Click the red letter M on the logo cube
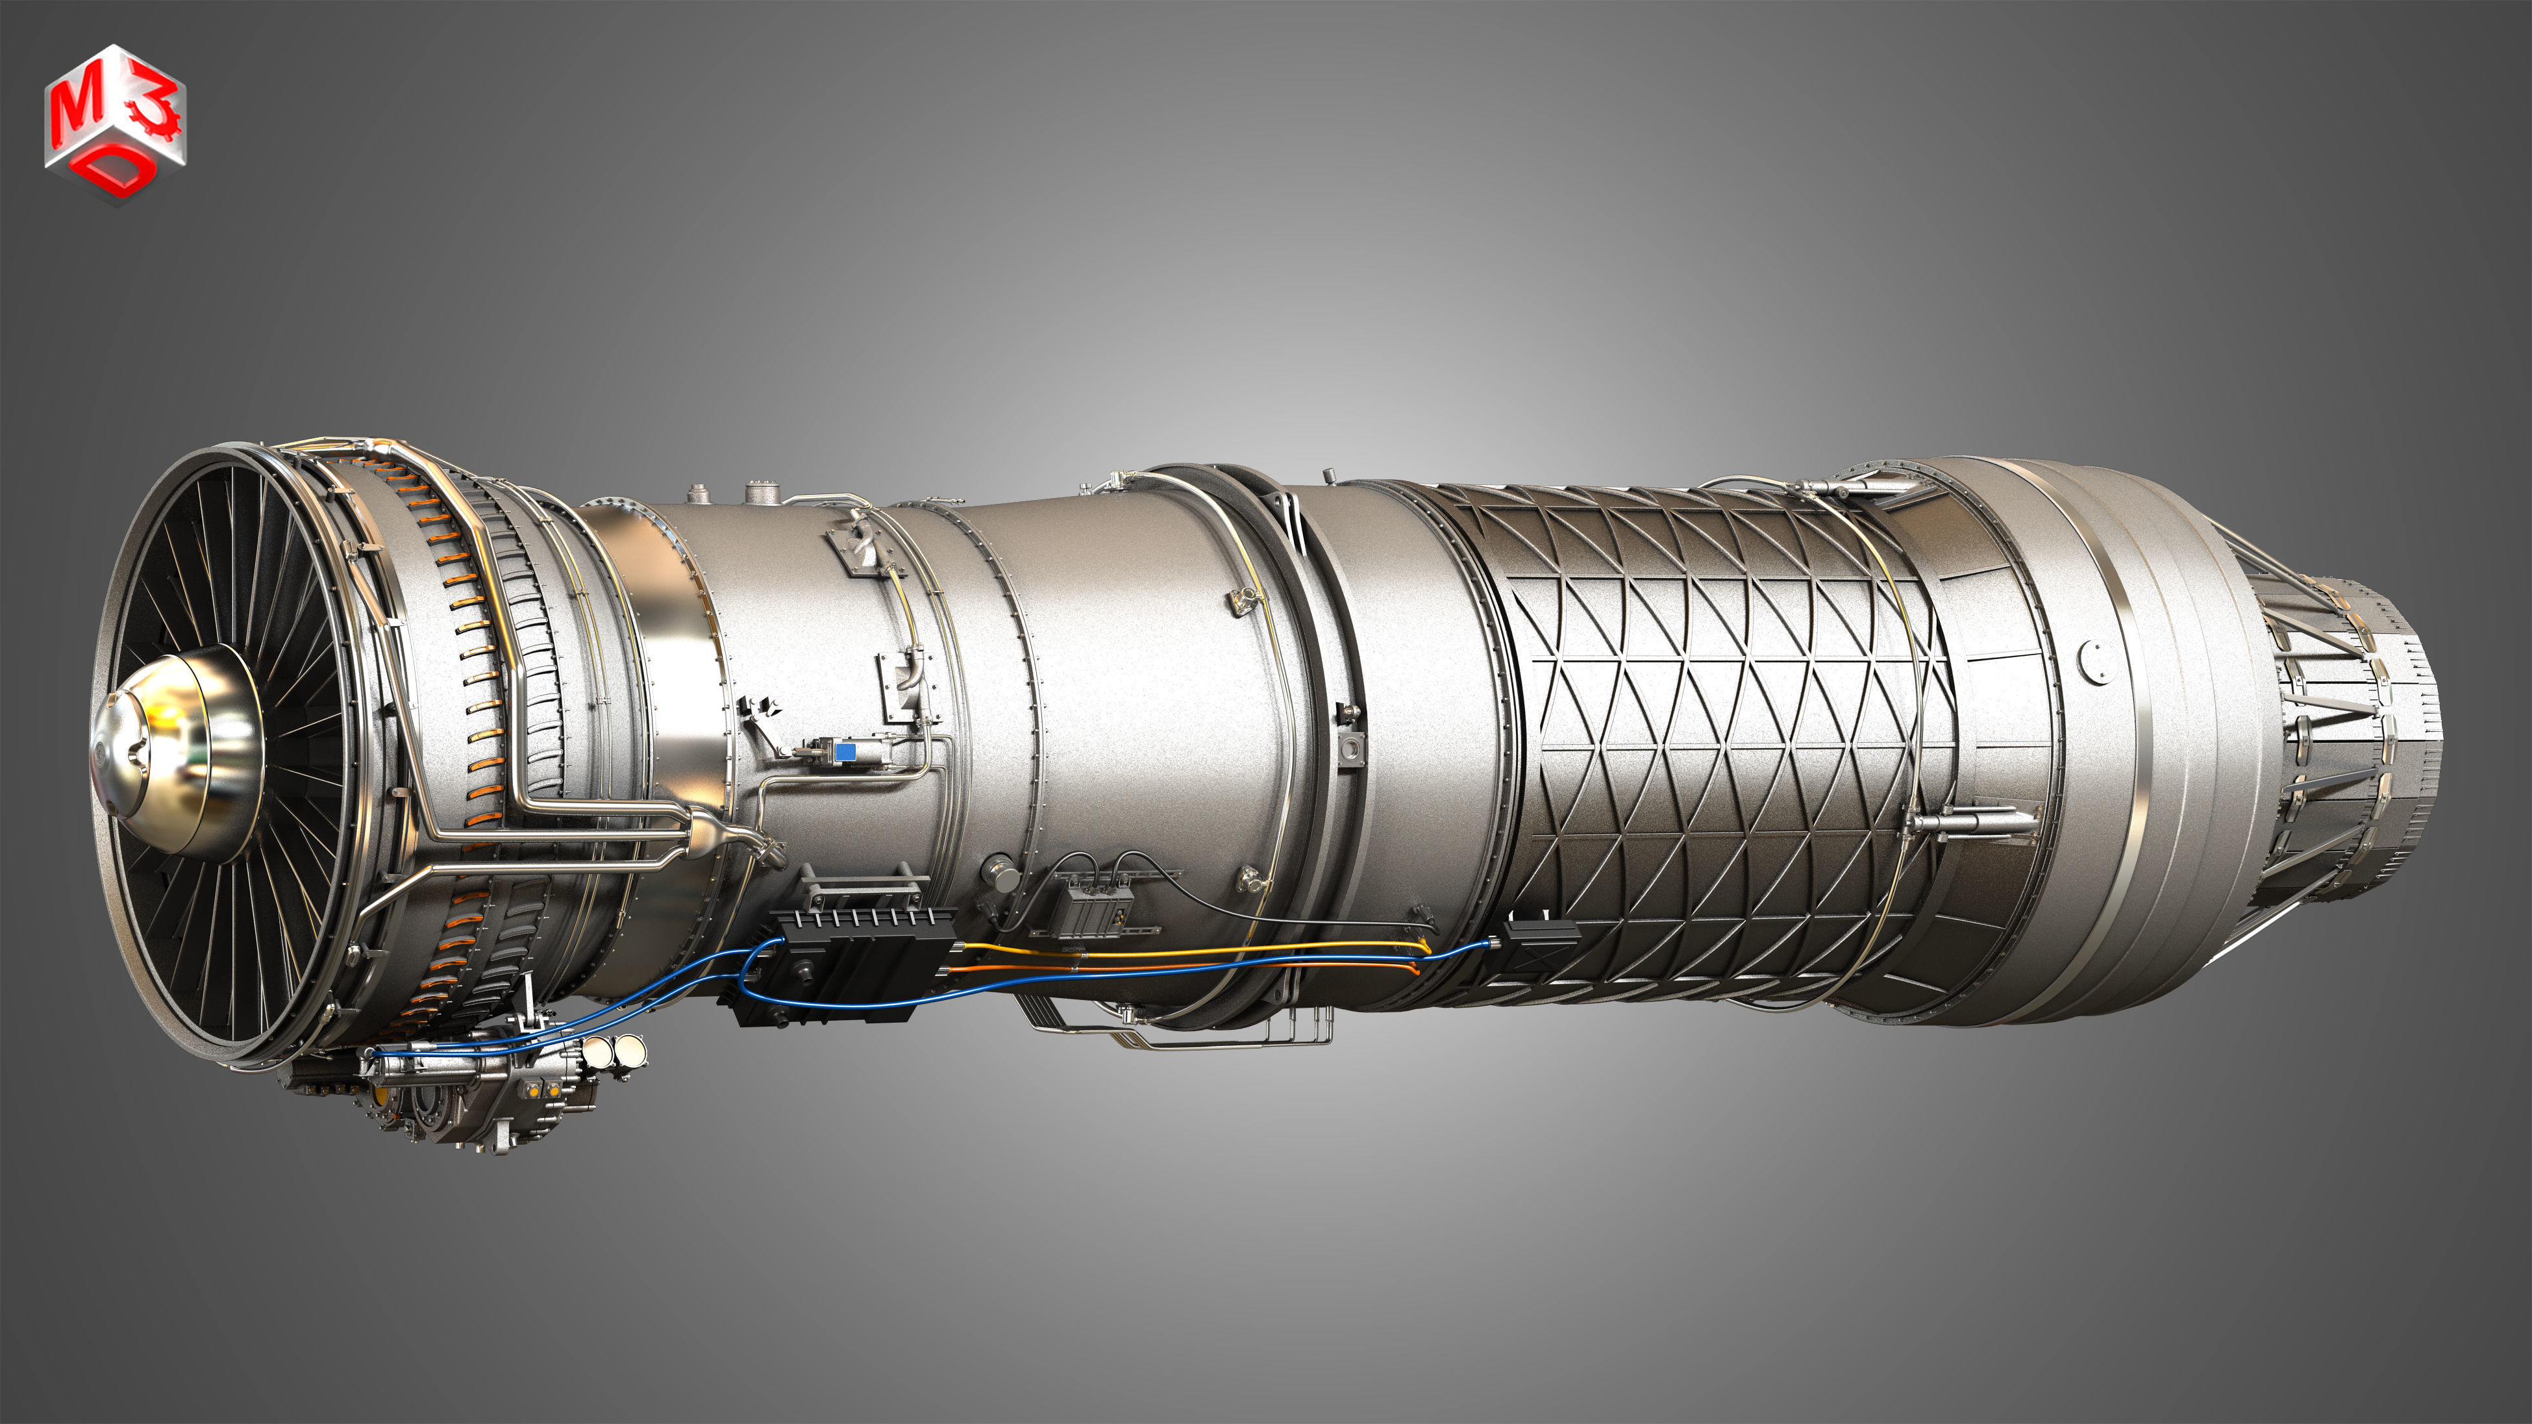pyautogui.click(x=79, y=110)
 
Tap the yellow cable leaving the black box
pyautogui.click(x=1180, y=949)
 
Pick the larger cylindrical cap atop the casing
pyautogui.click(x=760, y=492)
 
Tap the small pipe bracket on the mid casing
pyautogui.click(x=1243, y=599)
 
